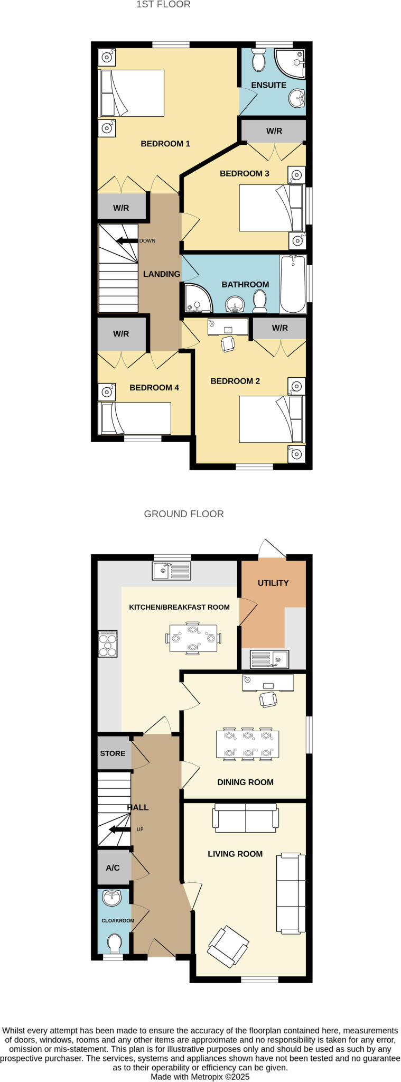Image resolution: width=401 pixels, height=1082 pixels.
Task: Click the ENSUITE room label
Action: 268,85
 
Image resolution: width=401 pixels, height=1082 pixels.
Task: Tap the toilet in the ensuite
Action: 259,61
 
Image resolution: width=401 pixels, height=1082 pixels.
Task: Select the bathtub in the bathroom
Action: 293,284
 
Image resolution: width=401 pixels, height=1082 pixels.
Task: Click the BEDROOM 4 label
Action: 154,387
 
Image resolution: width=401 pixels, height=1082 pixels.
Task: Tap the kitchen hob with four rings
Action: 108,644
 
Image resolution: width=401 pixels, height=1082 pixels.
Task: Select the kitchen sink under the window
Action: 171,571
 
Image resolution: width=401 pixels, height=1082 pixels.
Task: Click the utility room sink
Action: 269,659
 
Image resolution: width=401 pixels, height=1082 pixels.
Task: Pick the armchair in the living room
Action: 228,946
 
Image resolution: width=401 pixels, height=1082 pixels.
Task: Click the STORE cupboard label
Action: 113,753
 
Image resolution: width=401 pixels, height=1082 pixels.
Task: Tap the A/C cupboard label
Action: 113,868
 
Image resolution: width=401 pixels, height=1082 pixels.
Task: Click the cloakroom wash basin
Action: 112,897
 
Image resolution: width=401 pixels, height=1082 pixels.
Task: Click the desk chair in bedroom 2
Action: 228,344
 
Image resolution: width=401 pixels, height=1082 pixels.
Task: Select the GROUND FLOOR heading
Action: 184,514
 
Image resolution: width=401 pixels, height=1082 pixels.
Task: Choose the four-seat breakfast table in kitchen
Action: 193,638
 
